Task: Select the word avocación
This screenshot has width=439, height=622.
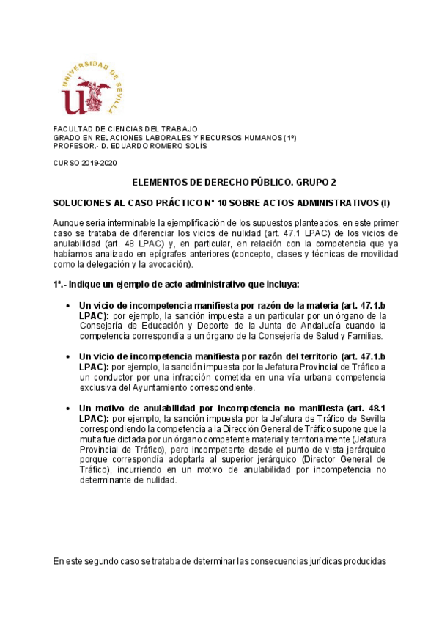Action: [169, 264]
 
